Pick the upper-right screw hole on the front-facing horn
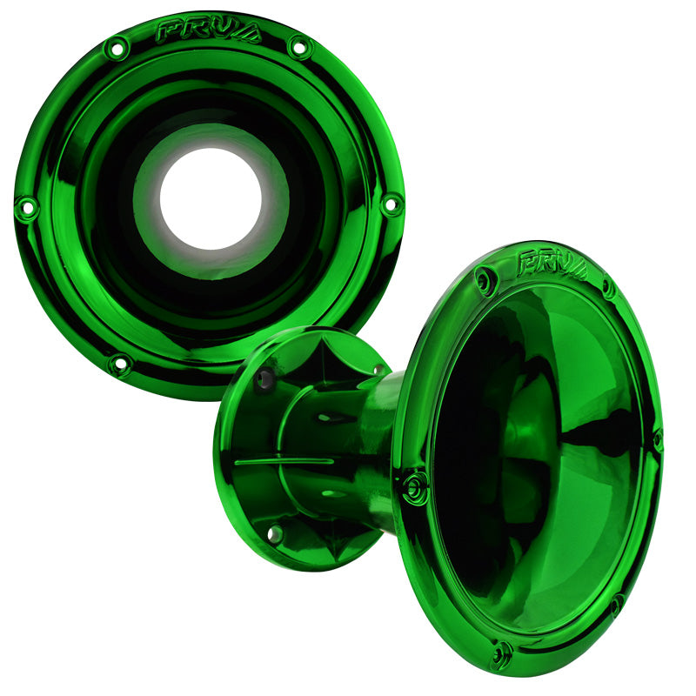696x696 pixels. [x=299, y=45]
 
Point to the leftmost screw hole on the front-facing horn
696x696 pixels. [x=26, y=208]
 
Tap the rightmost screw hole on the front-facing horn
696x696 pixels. [x=392, y=204]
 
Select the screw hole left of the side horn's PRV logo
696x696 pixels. [x=485, y=279]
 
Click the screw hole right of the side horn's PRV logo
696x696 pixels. [x=609, y=287]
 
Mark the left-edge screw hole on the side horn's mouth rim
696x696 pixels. [x=414, y=486]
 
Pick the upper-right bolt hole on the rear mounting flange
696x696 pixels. [x=379, y=370]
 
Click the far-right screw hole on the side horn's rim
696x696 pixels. [x=658, y=439]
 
